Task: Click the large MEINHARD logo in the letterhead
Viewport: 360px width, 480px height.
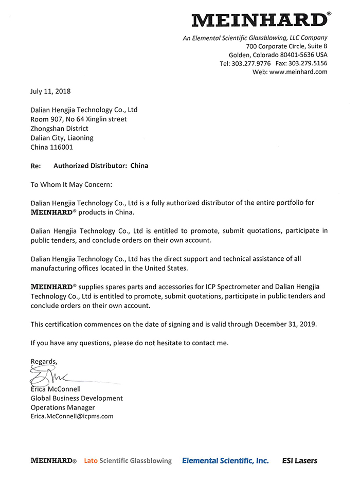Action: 260,20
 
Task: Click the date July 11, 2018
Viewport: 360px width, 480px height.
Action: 50,92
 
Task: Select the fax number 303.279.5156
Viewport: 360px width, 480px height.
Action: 308,63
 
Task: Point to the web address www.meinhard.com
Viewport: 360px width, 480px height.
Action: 298,72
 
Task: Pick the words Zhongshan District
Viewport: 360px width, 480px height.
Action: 59,129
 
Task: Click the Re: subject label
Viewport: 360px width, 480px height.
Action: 35,166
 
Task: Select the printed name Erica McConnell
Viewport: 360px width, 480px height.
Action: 56,389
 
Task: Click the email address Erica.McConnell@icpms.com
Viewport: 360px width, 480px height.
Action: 72,416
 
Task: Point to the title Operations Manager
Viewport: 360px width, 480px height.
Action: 63,407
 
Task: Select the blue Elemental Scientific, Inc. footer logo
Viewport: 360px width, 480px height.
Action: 225,461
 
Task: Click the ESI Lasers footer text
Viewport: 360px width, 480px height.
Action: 300,461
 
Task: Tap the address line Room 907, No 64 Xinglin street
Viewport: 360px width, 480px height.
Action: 79,119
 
